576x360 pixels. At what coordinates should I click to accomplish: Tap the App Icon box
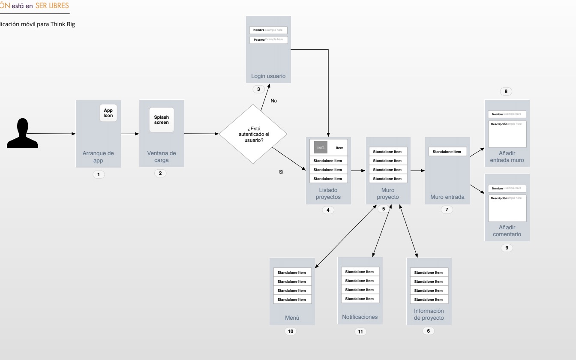coord(108,113)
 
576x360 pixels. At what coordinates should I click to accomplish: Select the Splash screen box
coord(162,120)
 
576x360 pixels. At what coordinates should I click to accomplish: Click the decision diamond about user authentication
coord(253,134)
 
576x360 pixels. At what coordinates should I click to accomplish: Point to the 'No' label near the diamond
coord(274,101)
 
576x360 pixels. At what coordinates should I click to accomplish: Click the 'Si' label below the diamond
coord(281,172)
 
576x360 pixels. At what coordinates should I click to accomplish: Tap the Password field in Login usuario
coord(269,40)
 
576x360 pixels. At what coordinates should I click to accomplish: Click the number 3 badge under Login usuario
coord(258,89)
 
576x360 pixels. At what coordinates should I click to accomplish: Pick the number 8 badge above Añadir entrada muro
coord(506,91)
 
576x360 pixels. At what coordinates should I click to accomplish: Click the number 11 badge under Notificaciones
coord(360,332)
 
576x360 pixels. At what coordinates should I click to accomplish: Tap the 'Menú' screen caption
coord(292,318)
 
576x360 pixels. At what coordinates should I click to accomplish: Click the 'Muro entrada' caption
coord(447,197)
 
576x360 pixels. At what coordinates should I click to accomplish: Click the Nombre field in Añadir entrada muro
coord(507,114)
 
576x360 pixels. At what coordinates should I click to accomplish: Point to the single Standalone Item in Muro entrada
coord(447,152)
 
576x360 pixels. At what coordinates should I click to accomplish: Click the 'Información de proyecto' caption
coord(429,314)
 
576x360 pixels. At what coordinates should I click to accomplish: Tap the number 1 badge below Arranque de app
coord(99,174)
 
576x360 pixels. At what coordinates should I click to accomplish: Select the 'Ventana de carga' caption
coord(162,156)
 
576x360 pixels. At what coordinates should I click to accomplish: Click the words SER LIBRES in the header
coord(52,6)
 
